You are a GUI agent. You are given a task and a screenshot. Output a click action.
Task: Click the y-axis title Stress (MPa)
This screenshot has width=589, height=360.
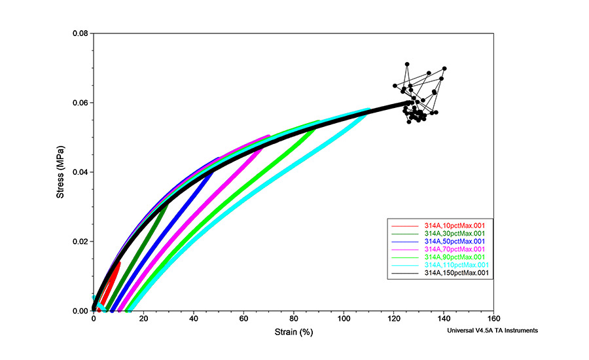(x=60, y=172)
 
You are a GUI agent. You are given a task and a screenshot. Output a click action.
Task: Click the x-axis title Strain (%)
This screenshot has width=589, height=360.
(x=293, y=333)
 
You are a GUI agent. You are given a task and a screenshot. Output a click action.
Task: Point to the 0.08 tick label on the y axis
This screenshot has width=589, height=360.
(x=80, y=33)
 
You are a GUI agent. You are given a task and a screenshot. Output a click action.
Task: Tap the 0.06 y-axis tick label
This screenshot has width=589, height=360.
(x=80, y=103)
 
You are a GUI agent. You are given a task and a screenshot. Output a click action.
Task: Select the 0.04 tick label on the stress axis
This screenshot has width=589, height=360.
(x=80, y=172)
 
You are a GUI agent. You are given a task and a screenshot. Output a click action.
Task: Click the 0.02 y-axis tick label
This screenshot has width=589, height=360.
(x=80, y=242)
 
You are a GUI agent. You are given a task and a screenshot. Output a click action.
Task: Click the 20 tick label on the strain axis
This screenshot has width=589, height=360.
(x=143, y=319)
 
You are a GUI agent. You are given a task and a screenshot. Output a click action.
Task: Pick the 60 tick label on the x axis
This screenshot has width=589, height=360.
(x=243, y=319)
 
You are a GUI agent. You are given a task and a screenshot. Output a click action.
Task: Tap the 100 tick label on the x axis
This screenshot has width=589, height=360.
(x=344, y=319)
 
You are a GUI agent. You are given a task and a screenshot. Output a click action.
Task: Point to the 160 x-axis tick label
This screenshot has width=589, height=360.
(x=494, y=319)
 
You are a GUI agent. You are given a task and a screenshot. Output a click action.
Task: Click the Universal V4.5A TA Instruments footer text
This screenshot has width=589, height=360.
(x=493, y=331)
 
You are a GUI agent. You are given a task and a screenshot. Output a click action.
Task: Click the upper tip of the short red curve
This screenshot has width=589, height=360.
(x=119, y=263)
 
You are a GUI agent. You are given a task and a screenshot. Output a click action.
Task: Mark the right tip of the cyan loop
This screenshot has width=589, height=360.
(x=368, y=110)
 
